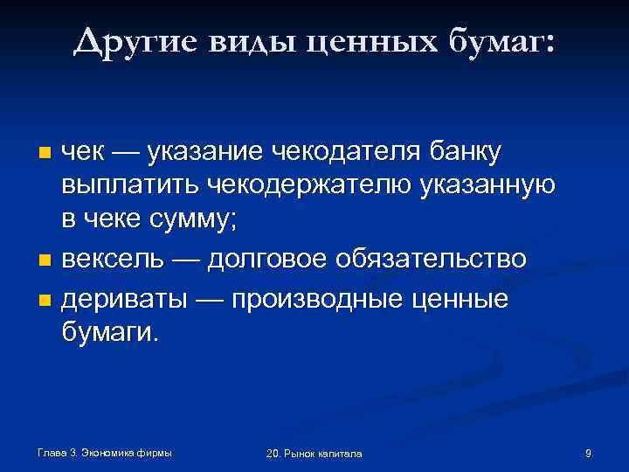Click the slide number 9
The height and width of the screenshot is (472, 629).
point(588,453)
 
